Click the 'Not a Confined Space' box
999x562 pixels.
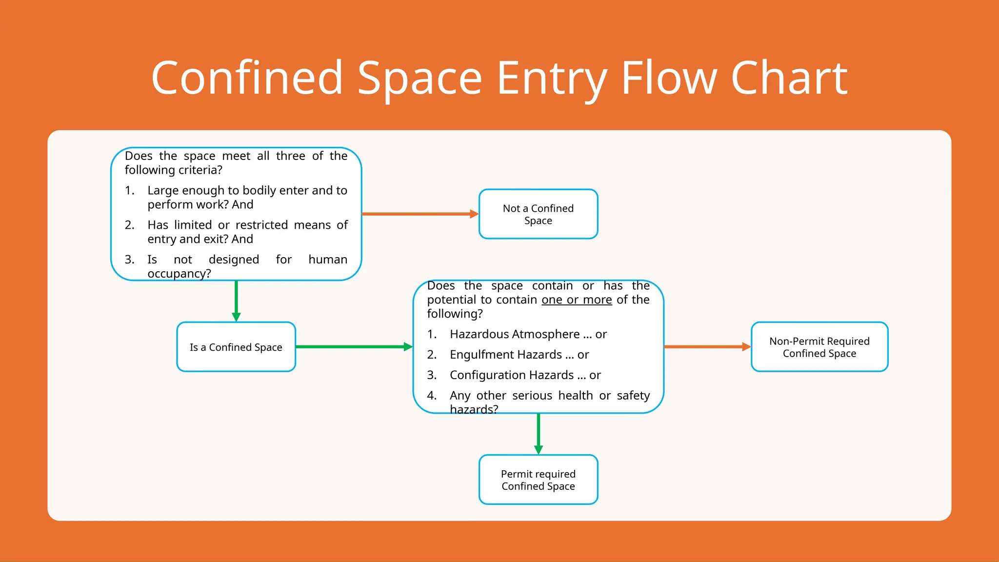tap(538, 214)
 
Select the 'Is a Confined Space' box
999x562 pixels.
tap(236, 347)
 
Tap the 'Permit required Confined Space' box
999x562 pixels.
tap(538, 480)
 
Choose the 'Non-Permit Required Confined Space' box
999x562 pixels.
tap(819, 347)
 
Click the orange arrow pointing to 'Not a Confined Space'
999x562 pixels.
tap(420, 214)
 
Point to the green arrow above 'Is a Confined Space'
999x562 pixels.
tap(236, 301)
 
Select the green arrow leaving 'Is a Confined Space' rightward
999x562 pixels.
tap(354, 347)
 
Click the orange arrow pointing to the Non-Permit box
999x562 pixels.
tap(707, 347)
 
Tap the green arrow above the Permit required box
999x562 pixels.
tap(538, 433)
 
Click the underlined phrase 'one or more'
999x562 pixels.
tap(577, 300)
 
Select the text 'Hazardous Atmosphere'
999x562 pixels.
tap(515, 334)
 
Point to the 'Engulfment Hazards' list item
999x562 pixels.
tap(506, 355)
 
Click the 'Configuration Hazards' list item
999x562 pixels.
tap(512, 375)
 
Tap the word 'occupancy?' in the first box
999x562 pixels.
tap(179, 274)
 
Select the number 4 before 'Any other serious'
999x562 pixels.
tap(431, 396)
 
